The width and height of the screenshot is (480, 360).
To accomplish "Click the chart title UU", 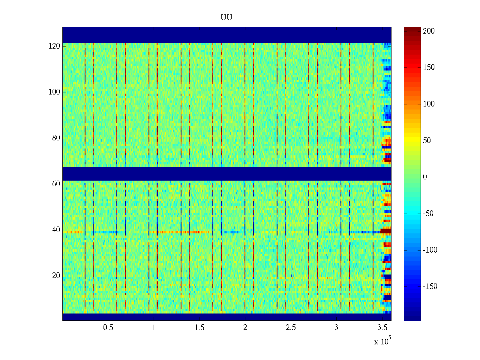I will click(x=226, y=17).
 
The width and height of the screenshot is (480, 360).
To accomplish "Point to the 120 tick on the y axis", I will click(x=54, y=46).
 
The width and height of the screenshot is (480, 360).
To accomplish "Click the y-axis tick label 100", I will click(x=54, y=92).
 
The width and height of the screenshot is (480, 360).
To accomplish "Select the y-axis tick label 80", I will click(x=56, y=138).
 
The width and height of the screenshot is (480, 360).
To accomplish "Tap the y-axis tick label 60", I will click(x=56, y=184).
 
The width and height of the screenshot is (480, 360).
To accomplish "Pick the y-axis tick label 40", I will click(x=56, y=230).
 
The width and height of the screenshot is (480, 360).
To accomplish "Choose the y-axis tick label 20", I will click(x=56, y=276).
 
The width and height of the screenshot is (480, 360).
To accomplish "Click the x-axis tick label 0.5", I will click(x=108, y=328).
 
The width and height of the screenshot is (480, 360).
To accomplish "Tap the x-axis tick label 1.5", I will click(x=199, y=328).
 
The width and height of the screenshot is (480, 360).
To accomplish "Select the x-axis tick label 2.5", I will click(x=291, y=328).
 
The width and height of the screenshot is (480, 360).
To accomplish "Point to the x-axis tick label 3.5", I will click(x=382, y=328).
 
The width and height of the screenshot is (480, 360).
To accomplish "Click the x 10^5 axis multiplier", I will click(x=382, y=341).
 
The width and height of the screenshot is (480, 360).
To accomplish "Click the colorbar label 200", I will click(x=429, y=31).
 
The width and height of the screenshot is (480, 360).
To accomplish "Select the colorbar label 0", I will click(x=425, y=177).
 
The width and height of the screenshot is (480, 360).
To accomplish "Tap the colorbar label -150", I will click(x=430, y=286).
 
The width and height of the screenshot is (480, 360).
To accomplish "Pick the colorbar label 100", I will click(x=429, y=104).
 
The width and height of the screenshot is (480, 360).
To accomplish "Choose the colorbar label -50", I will click(x=428, y=214).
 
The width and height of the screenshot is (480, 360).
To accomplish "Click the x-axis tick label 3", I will click(x=336, y=328).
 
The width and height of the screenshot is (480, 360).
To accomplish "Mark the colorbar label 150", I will click(x=429, y=67).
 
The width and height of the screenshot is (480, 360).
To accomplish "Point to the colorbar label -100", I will click(x=430, y=250).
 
